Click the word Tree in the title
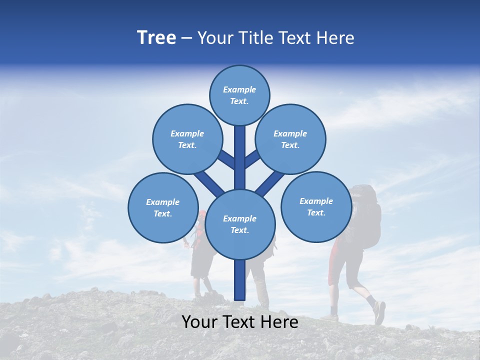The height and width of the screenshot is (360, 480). tap(156, 37)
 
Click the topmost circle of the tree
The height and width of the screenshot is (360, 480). tap(239, 95)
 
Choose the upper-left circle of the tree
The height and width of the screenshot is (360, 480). tap(187, 139)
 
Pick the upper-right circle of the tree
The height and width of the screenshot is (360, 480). tap(290, 139)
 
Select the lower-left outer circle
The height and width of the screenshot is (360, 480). tap(163, 207)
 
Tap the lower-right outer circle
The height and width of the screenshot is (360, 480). tap(316, 206)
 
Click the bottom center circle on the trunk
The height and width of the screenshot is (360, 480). tap(240, 224)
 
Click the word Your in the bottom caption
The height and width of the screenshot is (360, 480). tap(199, 322)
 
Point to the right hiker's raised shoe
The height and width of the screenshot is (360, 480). tap(379, 312)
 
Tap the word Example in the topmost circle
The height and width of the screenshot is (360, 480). tap(239, 89)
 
